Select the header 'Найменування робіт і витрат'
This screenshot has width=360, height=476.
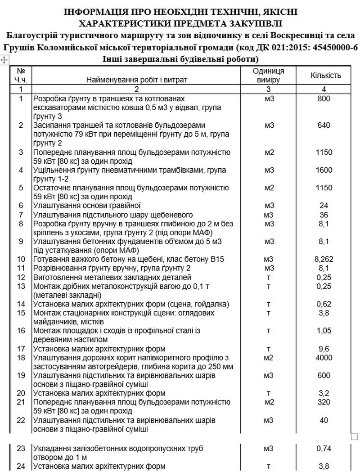pyautogui.click(x=136, y=80)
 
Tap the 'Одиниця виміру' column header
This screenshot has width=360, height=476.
pyautogui.click(x=268, y=76)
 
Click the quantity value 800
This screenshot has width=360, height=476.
pyautogui.click(x=324, y=98)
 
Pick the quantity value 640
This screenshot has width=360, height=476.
pyautogui.click(x=324, y=125)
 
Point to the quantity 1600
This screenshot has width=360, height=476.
pyautogui.click(x=324, y=170)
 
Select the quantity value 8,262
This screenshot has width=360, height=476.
pyautogui.click(x=324, y=260)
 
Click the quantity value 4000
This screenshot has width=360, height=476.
pyautogui.click(x=324, y=358)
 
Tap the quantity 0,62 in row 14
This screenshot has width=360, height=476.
pyautogui.click(x=324, y=304)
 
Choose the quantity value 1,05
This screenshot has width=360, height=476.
pyautogui.click(x=324, y=331)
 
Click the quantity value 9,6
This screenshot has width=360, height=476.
pyautogui.click(x=324, y=349)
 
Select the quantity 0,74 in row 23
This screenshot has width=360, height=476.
pyautogui.click(x=324, y=449)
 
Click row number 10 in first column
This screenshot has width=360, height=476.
pyautogui.click(x=21, y=260)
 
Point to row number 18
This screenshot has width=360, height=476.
pyautogui.click(x=21, y=358)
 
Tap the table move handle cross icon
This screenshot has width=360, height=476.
pyautogui.click(x=4, y=59)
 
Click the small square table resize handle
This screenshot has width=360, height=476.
pyautogui.click(x=354, y=436)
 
